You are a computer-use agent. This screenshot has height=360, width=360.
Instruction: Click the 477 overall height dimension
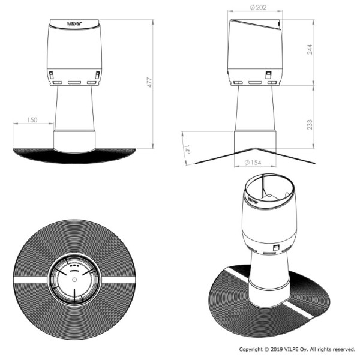click(x=149, y=82)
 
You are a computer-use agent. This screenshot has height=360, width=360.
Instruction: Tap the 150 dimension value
click(x=32, y=120)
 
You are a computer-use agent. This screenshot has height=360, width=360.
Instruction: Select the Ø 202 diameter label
click(x=258, y=8)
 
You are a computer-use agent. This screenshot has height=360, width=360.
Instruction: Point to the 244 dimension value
click(x=310, y=49)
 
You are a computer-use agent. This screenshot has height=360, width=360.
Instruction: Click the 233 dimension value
click(x=310, y=125)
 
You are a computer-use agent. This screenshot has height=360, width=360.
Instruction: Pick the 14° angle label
click(x=187, y=149)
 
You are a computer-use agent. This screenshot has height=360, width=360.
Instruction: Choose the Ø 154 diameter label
click(x=253, y=163)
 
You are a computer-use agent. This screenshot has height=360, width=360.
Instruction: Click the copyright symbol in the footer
click(x=266, y=349)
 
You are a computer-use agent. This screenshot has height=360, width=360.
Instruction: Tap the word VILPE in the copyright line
click(x=292, y=349)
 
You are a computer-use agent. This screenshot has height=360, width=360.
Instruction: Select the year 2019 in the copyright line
click(x=277, y=349)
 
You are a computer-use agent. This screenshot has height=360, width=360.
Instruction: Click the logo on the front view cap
click(x=74, y=23)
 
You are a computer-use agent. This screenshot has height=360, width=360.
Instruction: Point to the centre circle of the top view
click(x=74, y=280)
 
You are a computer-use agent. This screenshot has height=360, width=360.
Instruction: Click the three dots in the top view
click(x=74, y=266)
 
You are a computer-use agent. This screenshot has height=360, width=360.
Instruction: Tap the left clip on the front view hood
click(x=51, y=75)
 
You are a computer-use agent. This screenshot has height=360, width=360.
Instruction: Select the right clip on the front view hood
click(x=98, y=75)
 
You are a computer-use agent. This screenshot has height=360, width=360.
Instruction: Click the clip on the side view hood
click(x=268, y=75)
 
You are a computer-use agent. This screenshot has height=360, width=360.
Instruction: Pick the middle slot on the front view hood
click(x=74, y=82)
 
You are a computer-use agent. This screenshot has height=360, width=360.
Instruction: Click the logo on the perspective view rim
click(x=253, y=200)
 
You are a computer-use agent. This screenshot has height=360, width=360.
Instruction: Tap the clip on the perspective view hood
click(x=275, y=248)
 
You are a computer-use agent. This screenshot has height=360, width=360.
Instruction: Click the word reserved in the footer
click(x=344, y=349)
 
